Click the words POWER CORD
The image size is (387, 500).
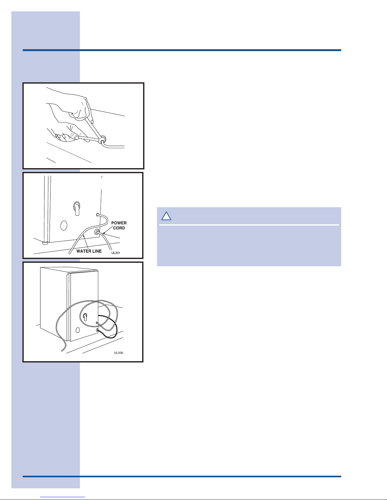click(119, 226)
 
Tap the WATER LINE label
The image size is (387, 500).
click(89, 251)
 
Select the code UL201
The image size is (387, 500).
click(116, 253)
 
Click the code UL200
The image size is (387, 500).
click(119, 353)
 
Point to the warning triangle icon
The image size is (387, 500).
click(166, 216)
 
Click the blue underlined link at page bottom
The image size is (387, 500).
click(63, 497)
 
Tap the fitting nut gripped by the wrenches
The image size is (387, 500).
click(102, 139)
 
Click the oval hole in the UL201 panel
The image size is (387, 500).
click(64, 226)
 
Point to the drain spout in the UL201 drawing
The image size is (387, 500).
click(77, 208)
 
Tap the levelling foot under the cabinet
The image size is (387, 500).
click(45, 243)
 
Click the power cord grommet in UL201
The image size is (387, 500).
click(97, 232)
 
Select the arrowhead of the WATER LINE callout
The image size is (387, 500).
click(84, 236)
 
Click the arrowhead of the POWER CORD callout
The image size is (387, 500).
click(104, 233)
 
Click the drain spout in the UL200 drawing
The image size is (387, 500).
click(85, 317)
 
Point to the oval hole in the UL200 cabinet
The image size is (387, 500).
click(78, 330)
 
